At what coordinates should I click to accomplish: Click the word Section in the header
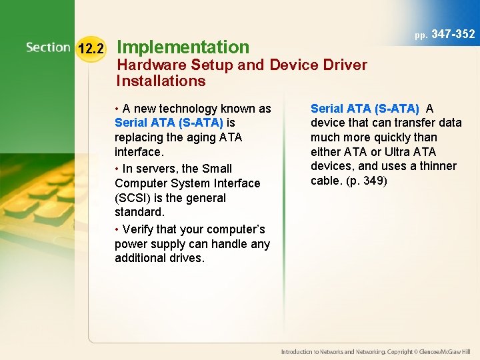[48, 47]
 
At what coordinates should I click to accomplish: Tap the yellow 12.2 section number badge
[91, 49]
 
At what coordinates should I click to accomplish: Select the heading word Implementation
[183, 47]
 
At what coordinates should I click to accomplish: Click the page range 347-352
[453, 34]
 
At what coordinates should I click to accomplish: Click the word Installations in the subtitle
[161, 81]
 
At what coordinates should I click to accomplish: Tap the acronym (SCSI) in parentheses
[132, 198]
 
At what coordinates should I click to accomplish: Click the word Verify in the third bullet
[138, 229]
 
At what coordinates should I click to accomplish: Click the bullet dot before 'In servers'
[117, 169]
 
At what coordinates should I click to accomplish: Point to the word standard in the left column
[138, 212]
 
